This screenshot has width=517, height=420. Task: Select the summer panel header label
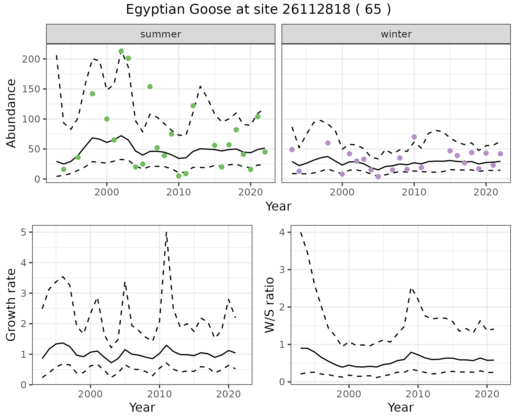tap(161, 34)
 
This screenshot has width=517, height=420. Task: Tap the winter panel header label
tap(396, 34)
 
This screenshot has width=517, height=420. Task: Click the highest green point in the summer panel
tap(121, 51)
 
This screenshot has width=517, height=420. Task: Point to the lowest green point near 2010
tap(179, 176)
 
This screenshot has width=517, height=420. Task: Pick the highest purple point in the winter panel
tap(414, 137)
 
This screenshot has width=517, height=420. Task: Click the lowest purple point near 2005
tap(378, 177)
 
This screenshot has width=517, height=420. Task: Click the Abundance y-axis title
tap(11, 113)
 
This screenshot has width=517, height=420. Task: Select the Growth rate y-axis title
tap(11, 305)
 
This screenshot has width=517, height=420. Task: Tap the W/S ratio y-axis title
tap(270, 305)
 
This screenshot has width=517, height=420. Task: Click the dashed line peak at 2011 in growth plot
tap(166, 232)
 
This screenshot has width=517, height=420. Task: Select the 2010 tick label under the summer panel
tap(179, 192)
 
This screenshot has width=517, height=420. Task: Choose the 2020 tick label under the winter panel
tap(486, 192)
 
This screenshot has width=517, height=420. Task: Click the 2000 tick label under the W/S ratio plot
tap(349, 394)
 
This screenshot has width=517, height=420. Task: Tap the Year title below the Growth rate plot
tap(142, 408)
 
